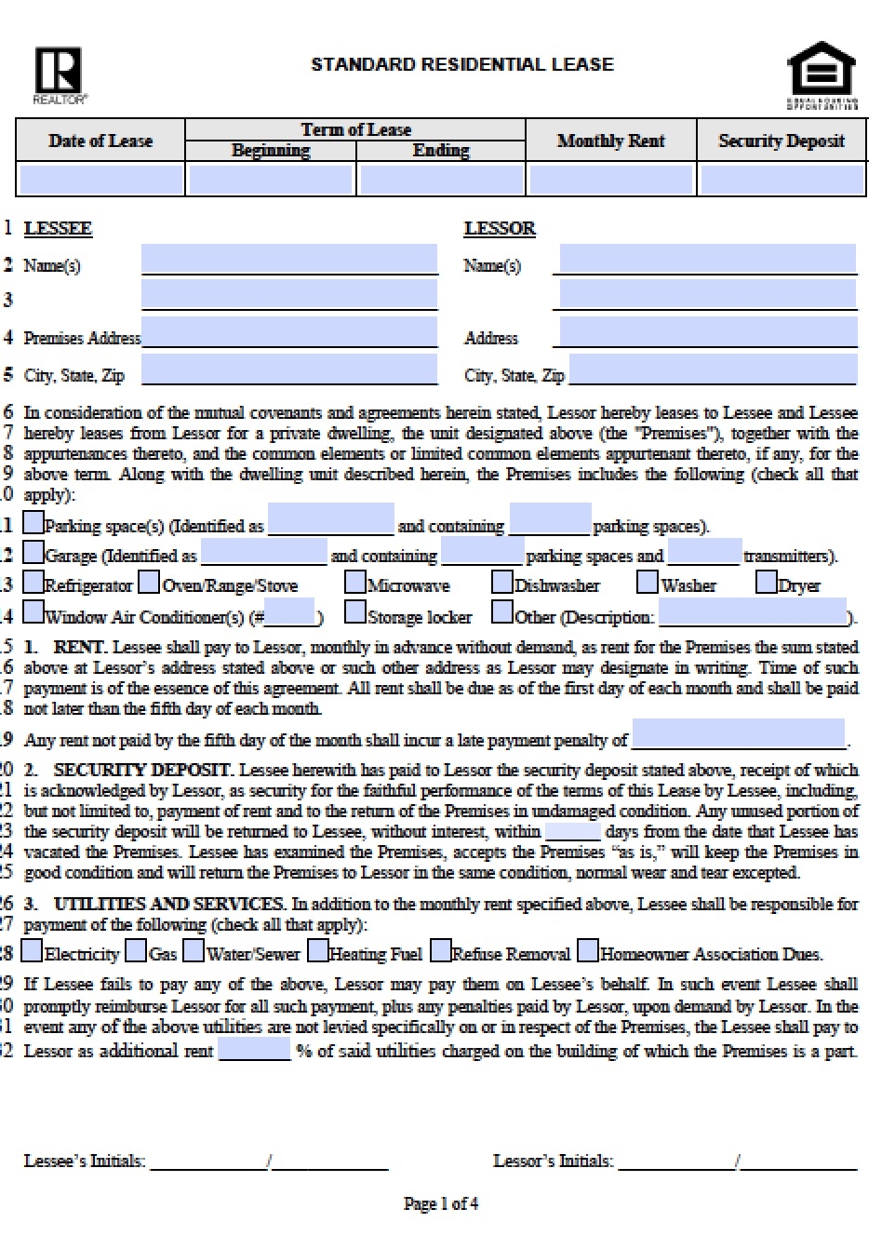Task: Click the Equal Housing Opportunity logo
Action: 822,73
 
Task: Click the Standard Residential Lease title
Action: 461,65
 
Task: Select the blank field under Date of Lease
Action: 100,179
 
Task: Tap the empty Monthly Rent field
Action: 611,179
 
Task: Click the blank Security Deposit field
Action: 781,179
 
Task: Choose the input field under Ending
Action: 441,179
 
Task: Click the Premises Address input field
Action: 289,332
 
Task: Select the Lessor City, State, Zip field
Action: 713,369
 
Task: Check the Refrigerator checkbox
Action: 33,583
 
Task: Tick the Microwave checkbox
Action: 354,583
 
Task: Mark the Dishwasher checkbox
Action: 502,583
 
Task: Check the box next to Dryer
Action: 766,583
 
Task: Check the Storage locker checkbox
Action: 354,612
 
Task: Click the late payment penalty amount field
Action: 738,734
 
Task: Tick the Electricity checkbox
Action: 33,951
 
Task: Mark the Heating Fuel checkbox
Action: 318,951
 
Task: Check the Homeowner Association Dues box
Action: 588,951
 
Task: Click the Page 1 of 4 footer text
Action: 441,1203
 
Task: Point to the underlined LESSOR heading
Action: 500,229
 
